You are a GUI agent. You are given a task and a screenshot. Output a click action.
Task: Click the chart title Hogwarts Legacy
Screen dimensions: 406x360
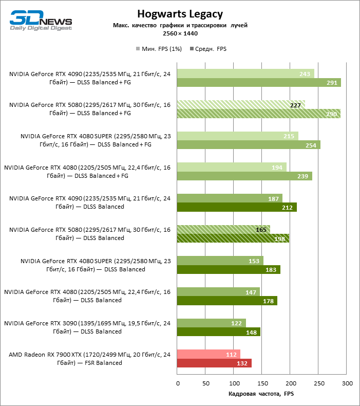click(x=180, y=14)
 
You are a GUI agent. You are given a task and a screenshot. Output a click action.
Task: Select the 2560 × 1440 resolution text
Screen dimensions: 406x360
click(x=180, y=33)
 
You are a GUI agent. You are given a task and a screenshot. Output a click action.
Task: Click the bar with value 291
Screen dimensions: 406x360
click(x=259, y=83)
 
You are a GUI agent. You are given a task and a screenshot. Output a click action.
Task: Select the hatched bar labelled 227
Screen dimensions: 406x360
click(x=241, y=105)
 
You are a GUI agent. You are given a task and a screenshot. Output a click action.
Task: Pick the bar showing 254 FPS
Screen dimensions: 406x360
click(x=249, y=145)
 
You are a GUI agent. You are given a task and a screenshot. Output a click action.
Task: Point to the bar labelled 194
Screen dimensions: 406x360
click(x=232, y=167)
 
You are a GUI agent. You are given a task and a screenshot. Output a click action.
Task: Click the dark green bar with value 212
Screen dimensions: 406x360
click(x=237, y=207)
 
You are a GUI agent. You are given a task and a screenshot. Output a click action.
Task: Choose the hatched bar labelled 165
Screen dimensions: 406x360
click(x=223, y=229)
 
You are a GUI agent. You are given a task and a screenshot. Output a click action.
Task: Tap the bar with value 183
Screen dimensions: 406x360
click(x=229, y=269)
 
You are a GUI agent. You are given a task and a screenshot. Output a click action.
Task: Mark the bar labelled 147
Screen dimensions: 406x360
click(x=218, y=291)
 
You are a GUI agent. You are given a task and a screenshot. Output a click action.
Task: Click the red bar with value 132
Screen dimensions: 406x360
click(x=214, y=363)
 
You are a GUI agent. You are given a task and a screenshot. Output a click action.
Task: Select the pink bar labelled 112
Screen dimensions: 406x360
click(x=209, y=354)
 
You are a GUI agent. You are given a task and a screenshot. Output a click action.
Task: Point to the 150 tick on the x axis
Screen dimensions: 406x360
click(x=262, y=383)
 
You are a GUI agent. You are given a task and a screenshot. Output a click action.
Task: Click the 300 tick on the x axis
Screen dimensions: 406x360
click(x=347, y=383)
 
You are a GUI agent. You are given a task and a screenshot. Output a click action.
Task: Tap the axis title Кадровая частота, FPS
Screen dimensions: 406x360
click(x=261, y=394)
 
